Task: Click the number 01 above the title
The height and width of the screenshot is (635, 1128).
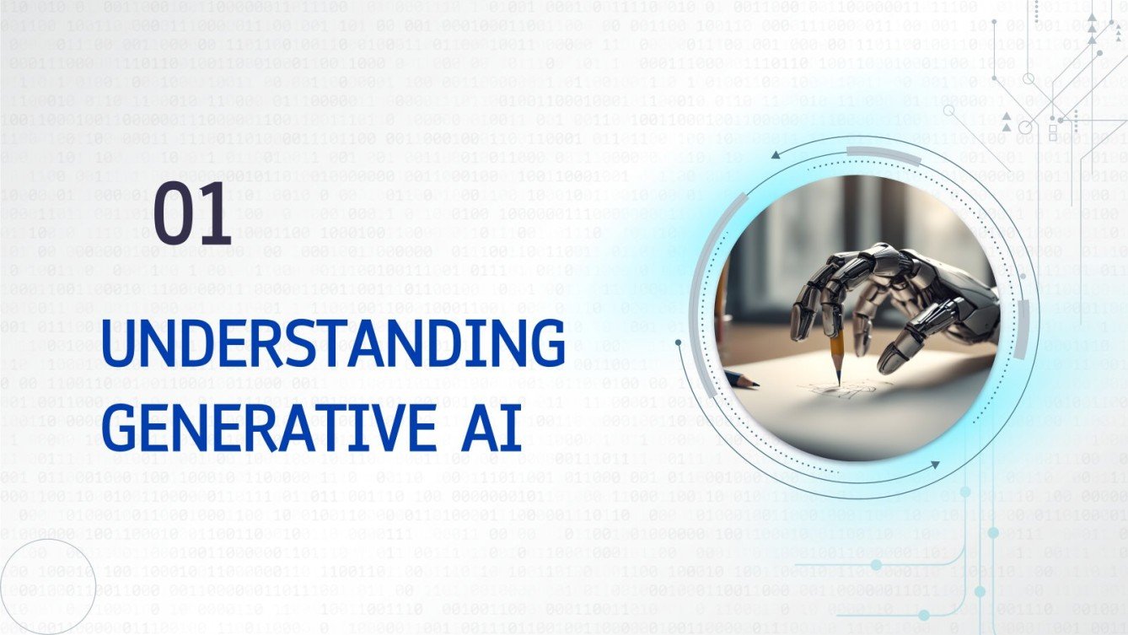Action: pyautogui.click(x=192, y=216)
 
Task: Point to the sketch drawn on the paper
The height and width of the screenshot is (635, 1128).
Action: pyautogui.click(x=830, y=391)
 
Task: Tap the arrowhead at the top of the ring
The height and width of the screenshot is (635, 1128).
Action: pyautogui.click(x=775, y=153)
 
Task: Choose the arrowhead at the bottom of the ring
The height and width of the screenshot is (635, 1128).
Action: pyautogui.click(x=935, y=465)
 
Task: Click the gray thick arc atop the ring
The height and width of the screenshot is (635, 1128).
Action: pyautogui.click(x=884, y=151)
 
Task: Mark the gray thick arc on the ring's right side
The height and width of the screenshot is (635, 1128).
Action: pyautogui.click(x=1023, y=330)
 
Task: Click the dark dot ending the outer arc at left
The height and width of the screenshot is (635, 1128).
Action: pyautogui.click(x=679, y=342)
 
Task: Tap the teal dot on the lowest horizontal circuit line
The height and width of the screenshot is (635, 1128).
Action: pyautogui.click(x=924, y=615)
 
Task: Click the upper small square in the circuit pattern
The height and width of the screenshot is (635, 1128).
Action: pyautogui.click(x=1052, y=127)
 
